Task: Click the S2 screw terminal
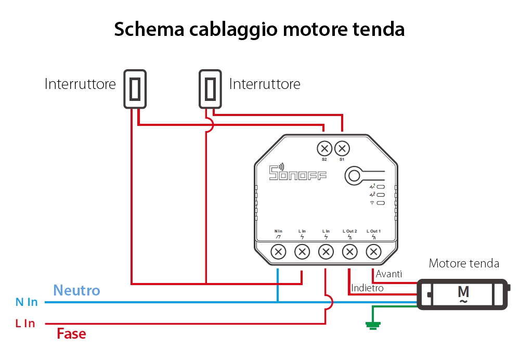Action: pos(324,149)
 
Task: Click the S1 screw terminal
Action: pos(342,149)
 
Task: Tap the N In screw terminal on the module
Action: pos(279,252)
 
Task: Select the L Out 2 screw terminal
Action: pos(349,252)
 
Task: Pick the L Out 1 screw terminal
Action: pos(373,252)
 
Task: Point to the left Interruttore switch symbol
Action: pos(135,89)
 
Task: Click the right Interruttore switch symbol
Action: pos(210,89)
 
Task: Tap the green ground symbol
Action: pos(372,326)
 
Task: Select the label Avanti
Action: pos(389,274)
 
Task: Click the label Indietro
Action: pos(367,288)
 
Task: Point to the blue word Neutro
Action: pos(76,290)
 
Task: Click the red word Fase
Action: pos(71,333)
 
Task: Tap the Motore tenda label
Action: pos(464,263)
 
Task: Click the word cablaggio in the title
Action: pos(235,29)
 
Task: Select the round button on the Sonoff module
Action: pos(354,175)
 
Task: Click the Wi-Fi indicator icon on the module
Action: pos(372,202)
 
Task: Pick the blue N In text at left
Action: pos(27,302)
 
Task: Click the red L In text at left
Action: pos(25,324)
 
